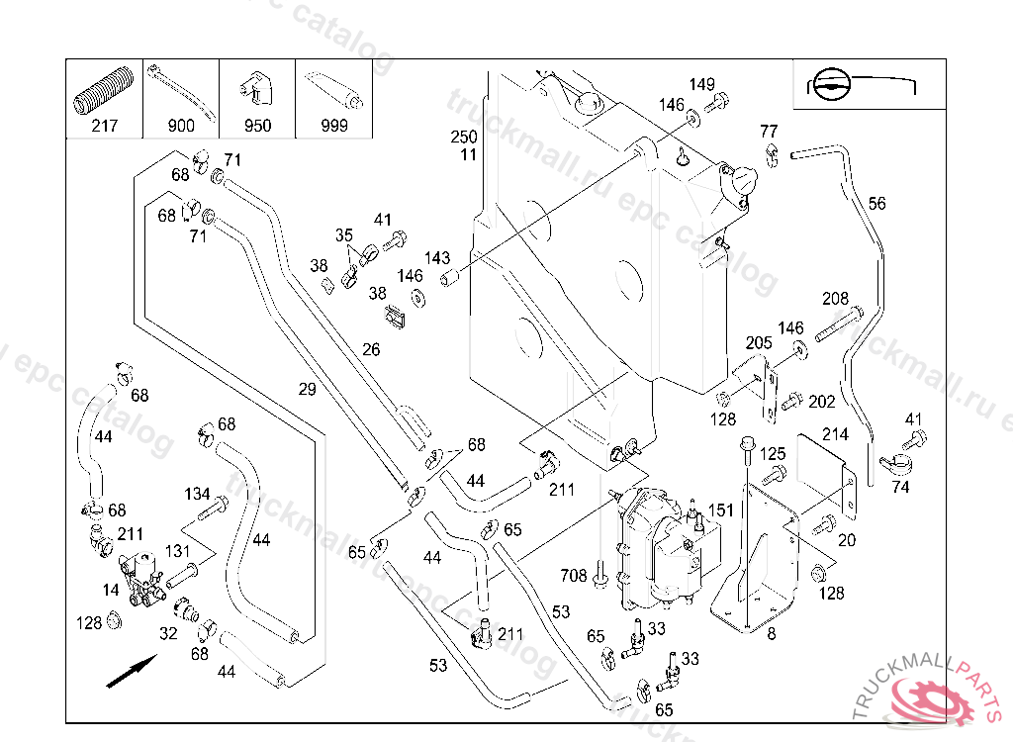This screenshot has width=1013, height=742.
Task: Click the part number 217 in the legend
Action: click(104, 126)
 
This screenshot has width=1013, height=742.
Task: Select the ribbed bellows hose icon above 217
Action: click(104, 92)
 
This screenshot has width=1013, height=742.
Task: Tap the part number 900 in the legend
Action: click(181, 126)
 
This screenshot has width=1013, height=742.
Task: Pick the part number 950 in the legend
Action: click(257, 126)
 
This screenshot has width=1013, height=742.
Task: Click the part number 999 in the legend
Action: click(334, 126)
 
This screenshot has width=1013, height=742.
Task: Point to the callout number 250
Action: click(464, 137)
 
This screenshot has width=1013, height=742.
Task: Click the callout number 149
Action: click(702, 85)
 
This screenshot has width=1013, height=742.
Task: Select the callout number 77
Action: click(769, 132)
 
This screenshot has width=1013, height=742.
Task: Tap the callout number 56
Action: click(877, 204)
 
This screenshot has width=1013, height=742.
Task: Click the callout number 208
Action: click(836, 299)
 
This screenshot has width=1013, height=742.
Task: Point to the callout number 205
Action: click(759, 342)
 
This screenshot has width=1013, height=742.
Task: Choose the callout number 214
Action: click(835, 434)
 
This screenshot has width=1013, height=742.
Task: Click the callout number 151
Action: click(721, 510)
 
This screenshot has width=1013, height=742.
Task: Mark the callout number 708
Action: click(574, 575)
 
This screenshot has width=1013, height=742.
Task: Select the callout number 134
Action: click(197, 494)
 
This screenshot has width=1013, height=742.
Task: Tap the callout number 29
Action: click(308, 389)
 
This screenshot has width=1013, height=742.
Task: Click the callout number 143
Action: click(437, 258)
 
